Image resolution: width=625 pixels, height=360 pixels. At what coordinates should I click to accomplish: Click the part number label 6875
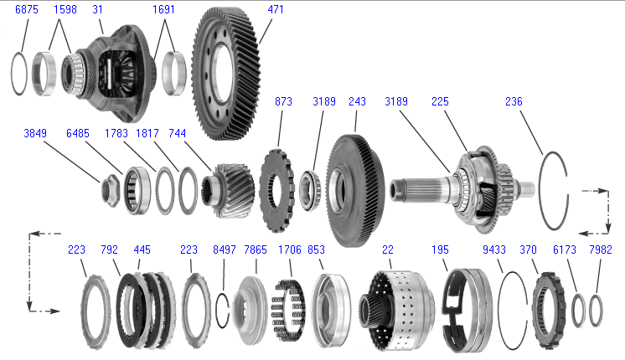click(26, 8)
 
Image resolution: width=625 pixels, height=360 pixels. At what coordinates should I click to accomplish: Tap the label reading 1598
click(65, 8)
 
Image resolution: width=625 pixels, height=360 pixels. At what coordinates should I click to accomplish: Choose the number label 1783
click(116, 133)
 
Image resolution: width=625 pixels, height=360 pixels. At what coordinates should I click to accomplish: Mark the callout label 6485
click(77, 133)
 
